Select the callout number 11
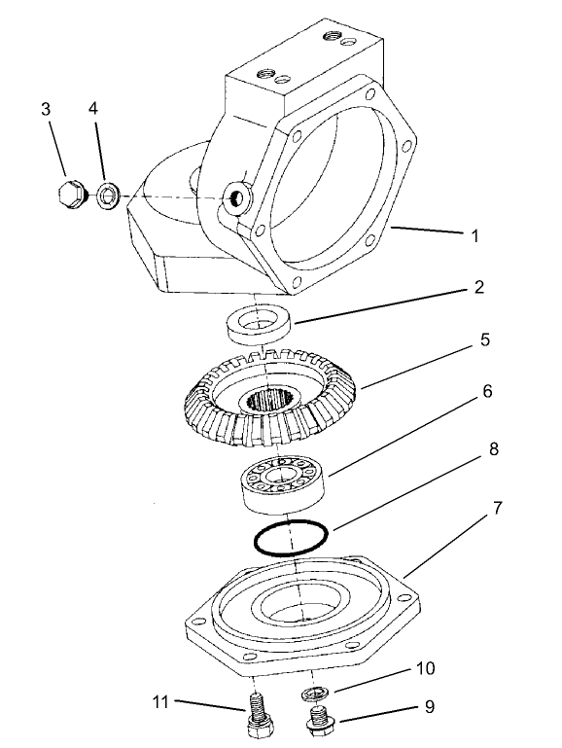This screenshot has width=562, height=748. click(x=160, y=700)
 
